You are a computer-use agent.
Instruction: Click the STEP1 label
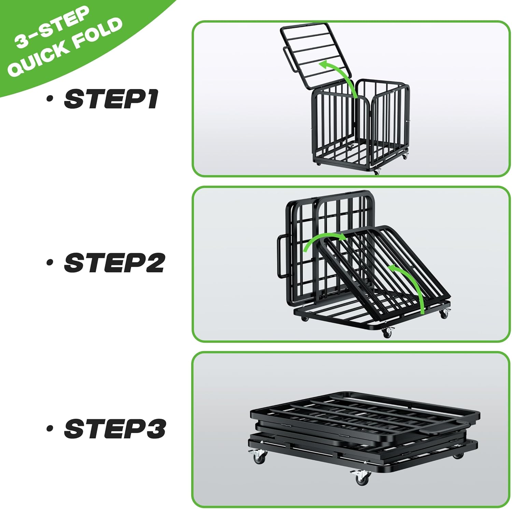(x=111, y=99)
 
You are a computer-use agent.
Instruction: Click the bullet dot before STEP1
(x=50, y=99)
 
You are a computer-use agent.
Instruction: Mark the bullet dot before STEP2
(x=50, y=263)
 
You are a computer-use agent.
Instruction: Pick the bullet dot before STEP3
(x=50, y=428)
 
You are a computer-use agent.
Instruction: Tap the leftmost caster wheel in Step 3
(x=259, y=457)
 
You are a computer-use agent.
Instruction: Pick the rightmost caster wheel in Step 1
(x=405, y=156)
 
